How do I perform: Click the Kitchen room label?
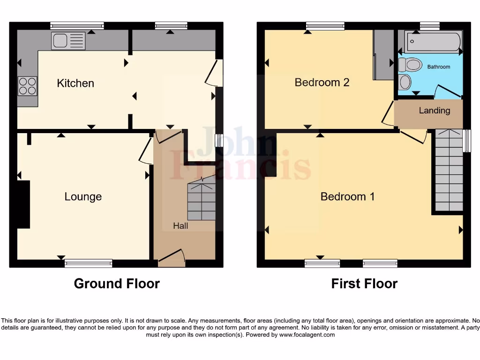pos(75,83)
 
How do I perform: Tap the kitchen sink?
pos(68,41)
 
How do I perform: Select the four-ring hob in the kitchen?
pos(27,86)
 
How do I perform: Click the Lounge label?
pos(83,197)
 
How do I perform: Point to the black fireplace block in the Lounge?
pos(23,204)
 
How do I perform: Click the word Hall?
pos(180,226)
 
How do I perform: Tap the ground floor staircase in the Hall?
pos(202,202)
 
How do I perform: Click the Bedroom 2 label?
pos(322,82)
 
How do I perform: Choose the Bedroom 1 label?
pos(347,197)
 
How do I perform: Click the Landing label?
pos(434,111)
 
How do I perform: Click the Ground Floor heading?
pos(117,284)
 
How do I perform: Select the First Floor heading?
pos(364,284)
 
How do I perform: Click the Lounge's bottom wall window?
pos(89,263)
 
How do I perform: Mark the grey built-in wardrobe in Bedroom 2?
pos(383,55)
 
